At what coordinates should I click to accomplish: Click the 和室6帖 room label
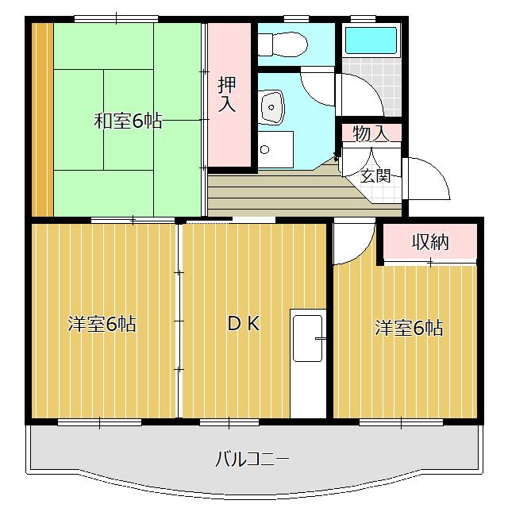128,121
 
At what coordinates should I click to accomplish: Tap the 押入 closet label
227,94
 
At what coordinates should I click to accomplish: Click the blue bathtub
371,40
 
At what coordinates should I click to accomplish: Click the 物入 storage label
371,134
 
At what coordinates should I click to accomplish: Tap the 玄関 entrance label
375,175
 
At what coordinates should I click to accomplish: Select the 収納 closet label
430,242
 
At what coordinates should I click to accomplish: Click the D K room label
244,324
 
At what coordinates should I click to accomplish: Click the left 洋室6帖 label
102,324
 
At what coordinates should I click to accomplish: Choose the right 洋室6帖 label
409,327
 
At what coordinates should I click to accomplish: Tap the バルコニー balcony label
252,459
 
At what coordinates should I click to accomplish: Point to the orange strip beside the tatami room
42,119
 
